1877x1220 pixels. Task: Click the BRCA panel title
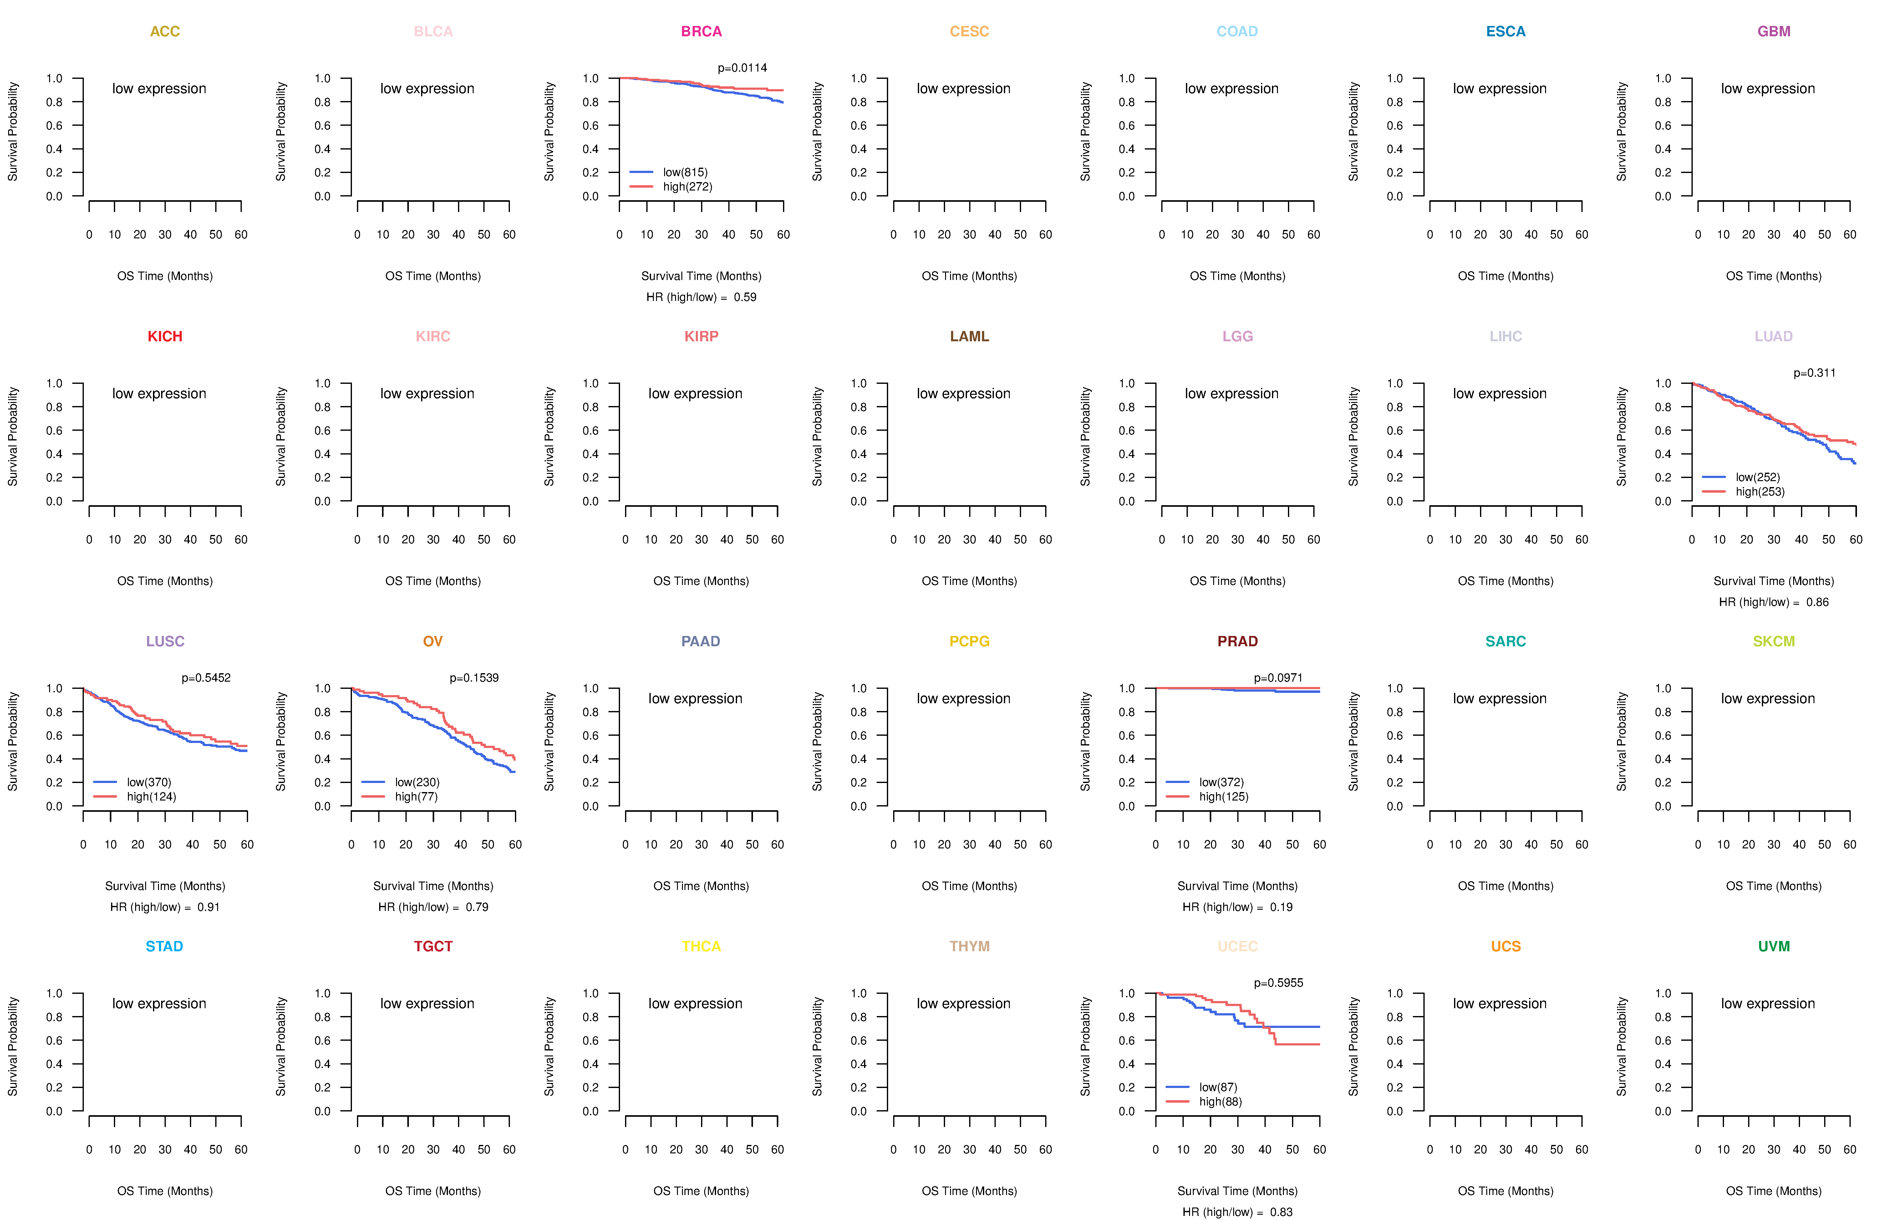701,32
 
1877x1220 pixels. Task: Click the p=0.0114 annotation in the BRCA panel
742,68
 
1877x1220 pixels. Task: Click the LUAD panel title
1774,337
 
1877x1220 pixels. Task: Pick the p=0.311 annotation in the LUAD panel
1815,373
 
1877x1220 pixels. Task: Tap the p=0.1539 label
474,678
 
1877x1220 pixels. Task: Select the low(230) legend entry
417,782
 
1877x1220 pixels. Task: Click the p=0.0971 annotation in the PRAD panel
1279,678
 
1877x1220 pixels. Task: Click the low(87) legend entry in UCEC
1218,1087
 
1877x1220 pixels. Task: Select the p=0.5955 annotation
1279,984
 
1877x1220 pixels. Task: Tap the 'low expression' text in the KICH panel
159,394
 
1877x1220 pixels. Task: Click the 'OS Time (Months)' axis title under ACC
165,276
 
